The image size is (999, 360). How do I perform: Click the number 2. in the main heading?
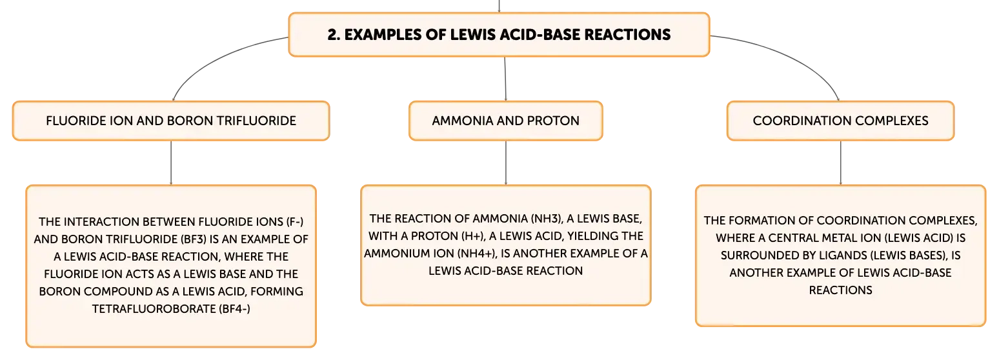(x=333, y=35)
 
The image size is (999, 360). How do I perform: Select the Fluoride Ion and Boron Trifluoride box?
(x=171, y=121)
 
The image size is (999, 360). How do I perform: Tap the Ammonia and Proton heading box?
(x=506, y=121)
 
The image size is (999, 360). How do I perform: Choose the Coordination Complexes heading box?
(x=841, y=121)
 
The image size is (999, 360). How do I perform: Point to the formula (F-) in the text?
(x=295, y=222)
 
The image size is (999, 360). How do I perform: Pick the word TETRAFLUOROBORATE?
(x=154, y=308)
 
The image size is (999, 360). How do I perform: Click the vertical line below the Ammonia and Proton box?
(x=506, y=163)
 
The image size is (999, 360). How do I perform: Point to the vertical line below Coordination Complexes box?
(x=841, y=163)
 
